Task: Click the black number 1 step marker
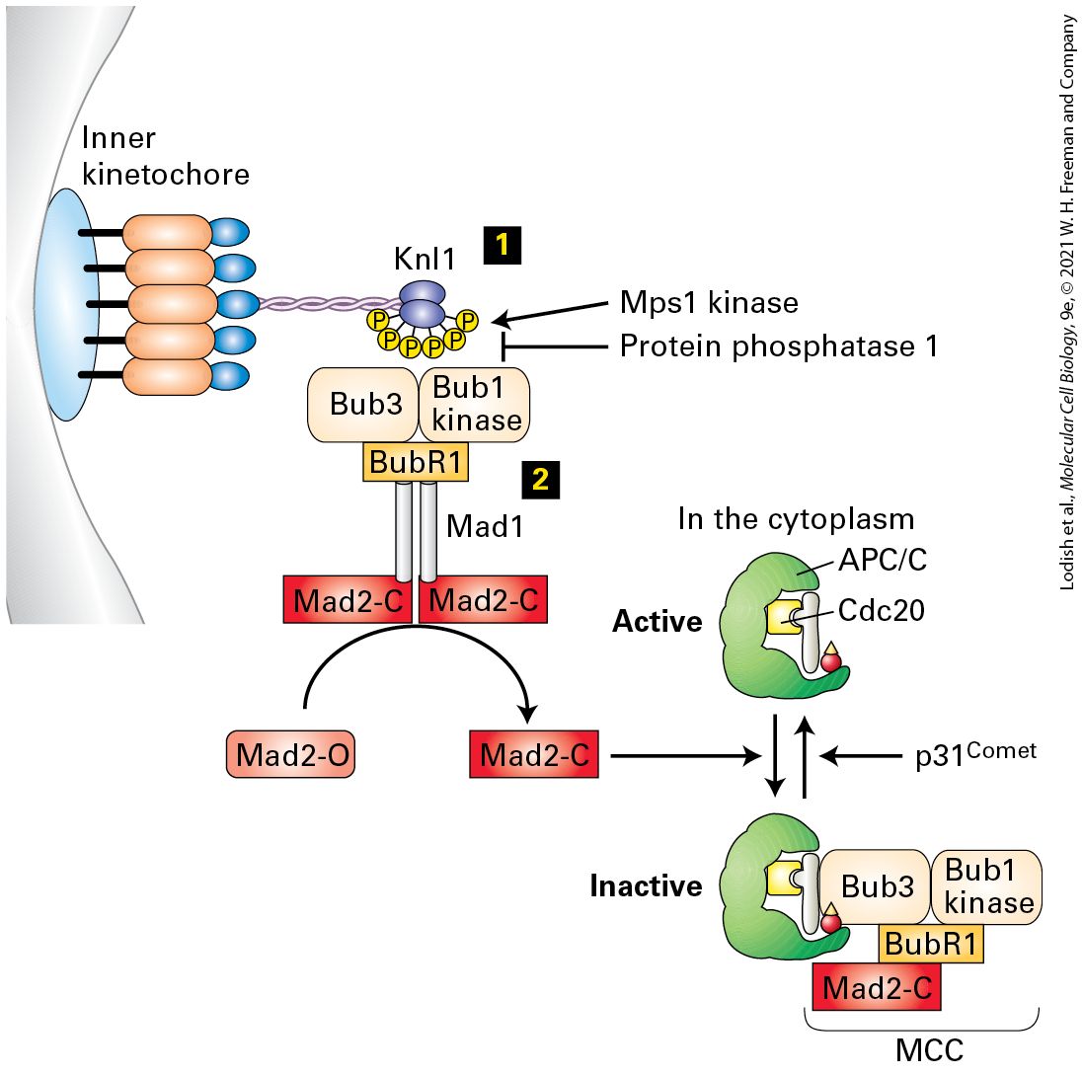[503, 245]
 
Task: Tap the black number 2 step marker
[541, 479]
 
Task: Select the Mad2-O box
[291, 754]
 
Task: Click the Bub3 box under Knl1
[363, 404]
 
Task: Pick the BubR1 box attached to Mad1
[416, 462]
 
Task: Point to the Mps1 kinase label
[710, 302]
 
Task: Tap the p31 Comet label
[975, 754]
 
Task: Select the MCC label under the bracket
[929, 1050]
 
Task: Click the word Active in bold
[657, 621]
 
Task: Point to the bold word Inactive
[646, 885]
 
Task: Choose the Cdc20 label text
[882, 610]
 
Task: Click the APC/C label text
[883, 560]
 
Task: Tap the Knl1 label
[425, 259]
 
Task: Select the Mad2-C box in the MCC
[878, 987]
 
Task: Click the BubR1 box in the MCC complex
[931, 944]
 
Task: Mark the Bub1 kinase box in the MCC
[987, 886]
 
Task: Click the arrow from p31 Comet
[861, 756]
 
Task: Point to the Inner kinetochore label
[166, 156]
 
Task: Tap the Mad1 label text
[485, 526]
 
